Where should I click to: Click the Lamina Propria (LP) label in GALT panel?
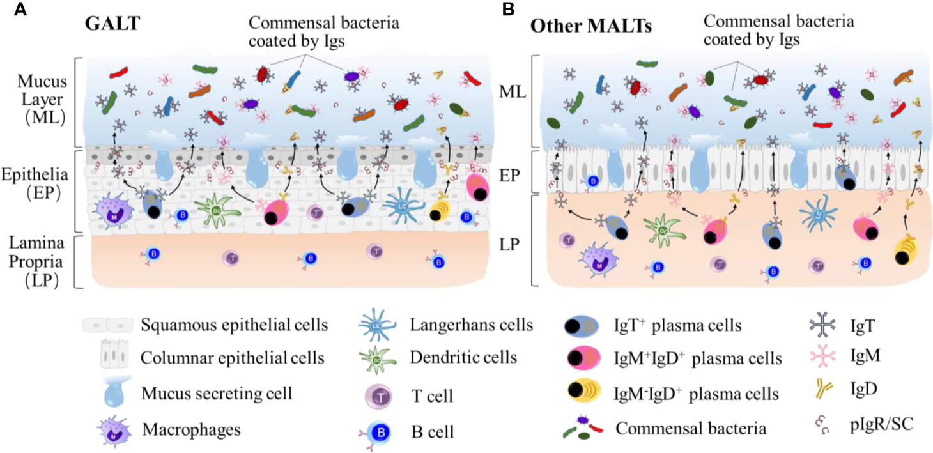(36, 262)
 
